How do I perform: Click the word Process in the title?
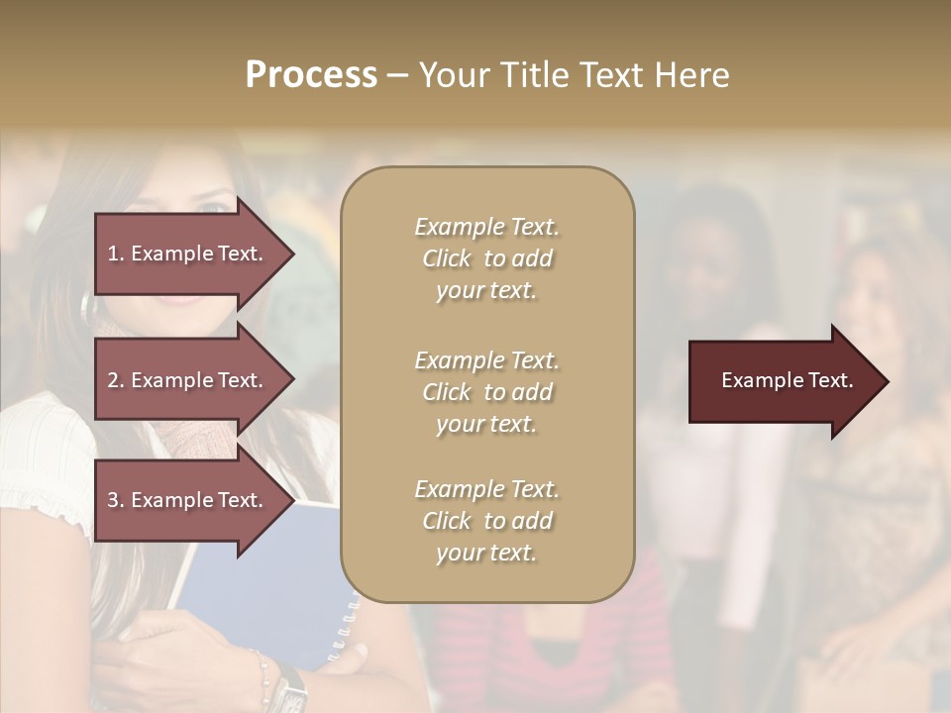[x=311, y=75]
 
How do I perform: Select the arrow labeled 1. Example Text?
[x=188, y=254]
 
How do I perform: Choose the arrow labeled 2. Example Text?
[x=188, y=380]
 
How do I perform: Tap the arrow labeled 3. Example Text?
[x=188, y=500]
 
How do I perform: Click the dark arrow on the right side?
[x=783, y=381]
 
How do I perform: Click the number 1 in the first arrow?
[x=113, y=254]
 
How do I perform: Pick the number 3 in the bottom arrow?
[x=113, y=500]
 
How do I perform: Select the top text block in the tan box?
[x=486, y=258]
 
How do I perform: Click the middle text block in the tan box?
[x=486, y=392]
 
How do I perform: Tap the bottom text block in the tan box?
[x=486, y=521]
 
